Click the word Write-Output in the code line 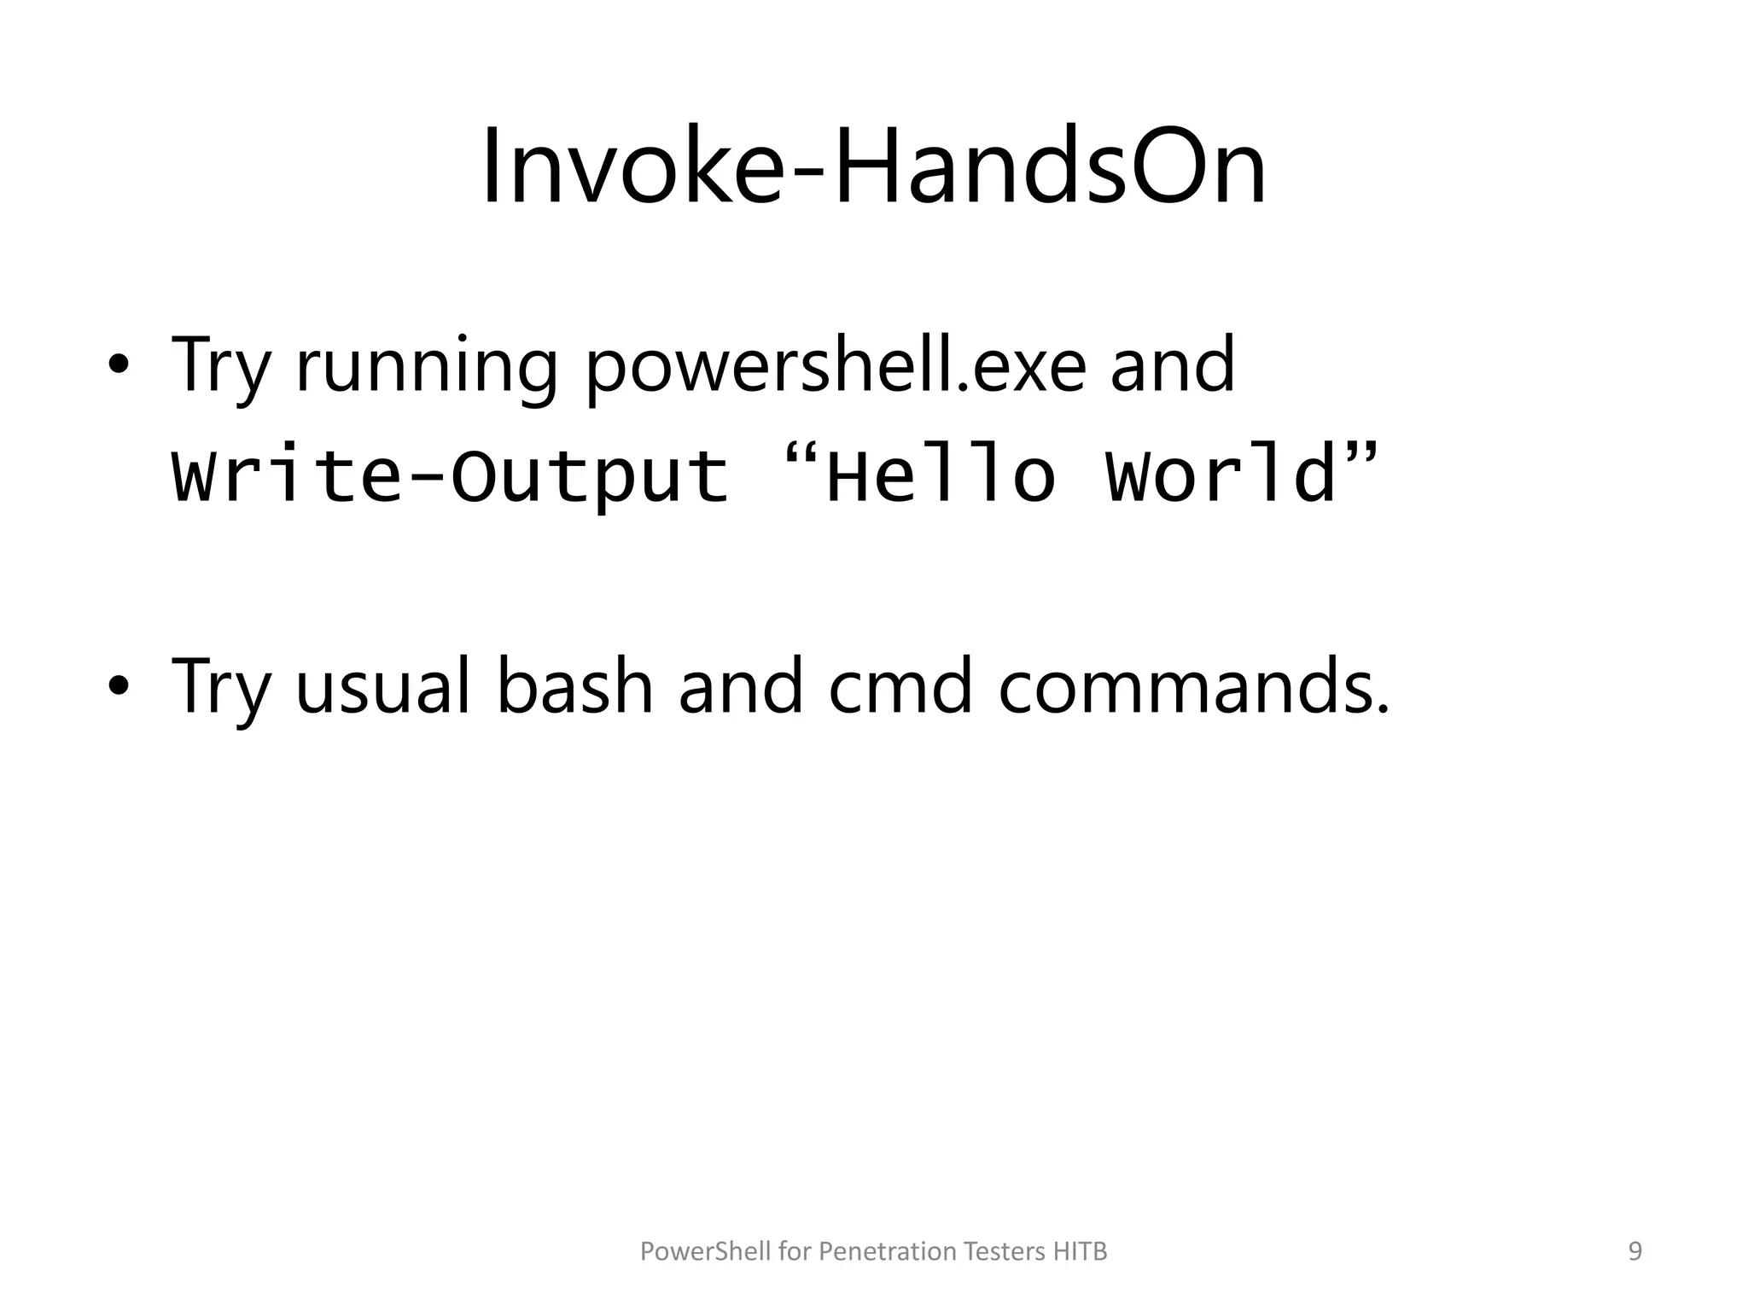click(x=450, y=475)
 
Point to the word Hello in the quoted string click(x=941, y=475)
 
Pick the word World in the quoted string click(x=1221, y=475)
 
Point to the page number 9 click(x=1635, y=1251)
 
